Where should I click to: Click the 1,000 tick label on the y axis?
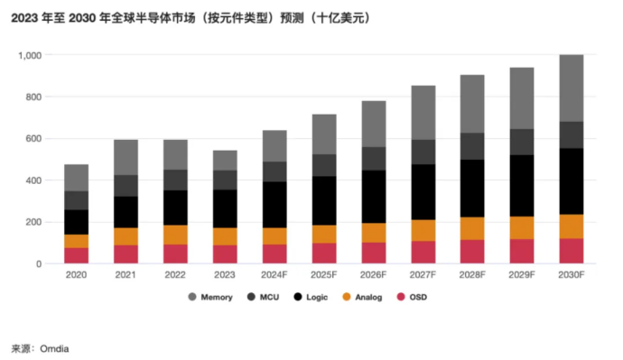[x=29, y=55]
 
